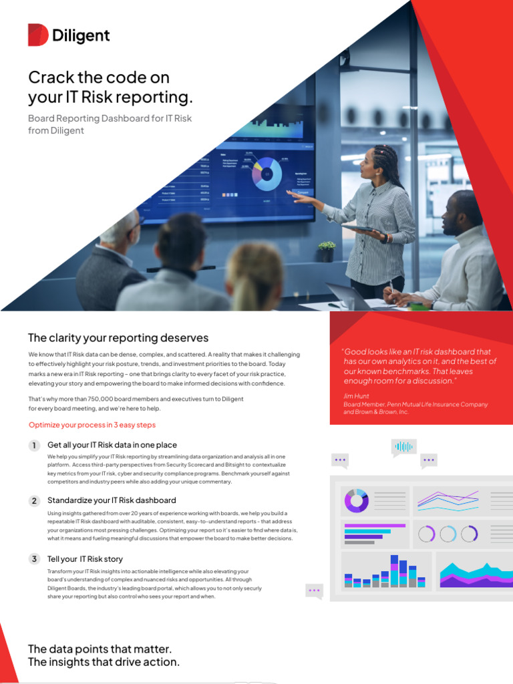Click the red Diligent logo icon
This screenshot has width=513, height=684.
click(37, 35)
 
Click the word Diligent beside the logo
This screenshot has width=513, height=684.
click(81, 35)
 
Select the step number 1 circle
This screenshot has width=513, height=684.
click(34, 446)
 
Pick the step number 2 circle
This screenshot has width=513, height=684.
click(34, 501)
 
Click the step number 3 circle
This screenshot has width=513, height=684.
click(34, 559)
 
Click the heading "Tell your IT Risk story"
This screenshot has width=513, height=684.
click(85, 559)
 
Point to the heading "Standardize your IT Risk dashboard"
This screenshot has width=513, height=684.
click(112, 500)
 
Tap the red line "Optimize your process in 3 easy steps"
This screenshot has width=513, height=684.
click(92, 425)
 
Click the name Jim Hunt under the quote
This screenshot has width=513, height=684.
click(355, 396)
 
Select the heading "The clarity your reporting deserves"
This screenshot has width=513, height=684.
click(118, 338)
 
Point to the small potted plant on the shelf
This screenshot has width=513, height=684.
click(327, 251)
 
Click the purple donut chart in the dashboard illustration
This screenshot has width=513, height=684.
click(356, 500)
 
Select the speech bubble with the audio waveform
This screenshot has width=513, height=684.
click(403, 447)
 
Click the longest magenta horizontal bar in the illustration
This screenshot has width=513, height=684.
click(375, 526)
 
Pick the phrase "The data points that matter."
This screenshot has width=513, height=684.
click(100, 649)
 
